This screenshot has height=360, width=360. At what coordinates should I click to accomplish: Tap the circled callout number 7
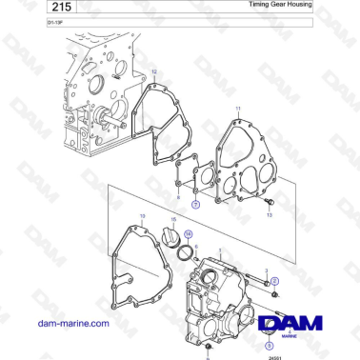click(x=194, y=204)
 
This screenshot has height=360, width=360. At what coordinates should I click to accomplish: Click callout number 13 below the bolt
click(x=270, y=216)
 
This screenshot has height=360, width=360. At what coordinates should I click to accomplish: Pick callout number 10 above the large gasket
click(x=143, y=217)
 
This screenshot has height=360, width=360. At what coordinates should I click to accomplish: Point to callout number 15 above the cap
click(x=172, y=219)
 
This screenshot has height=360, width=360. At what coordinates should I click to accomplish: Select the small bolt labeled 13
click(x=270, y=204)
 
